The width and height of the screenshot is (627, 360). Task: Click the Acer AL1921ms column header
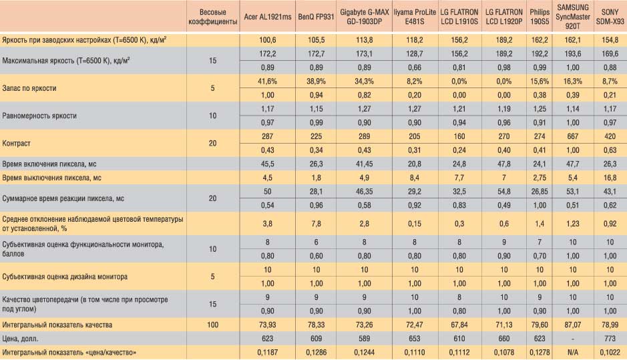268,17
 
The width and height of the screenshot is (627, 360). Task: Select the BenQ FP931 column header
316,17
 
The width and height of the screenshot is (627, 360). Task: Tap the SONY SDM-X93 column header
610,17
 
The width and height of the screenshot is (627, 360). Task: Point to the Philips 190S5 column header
540,17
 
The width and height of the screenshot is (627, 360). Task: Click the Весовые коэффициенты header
213,17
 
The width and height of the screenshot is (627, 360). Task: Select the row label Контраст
17,143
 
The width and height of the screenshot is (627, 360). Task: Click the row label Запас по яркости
29,88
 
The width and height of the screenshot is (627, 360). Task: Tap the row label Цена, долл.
21,339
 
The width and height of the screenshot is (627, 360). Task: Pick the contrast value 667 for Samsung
573,136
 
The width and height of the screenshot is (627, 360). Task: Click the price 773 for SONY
610,339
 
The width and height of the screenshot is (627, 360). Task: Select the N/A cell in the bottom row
573,353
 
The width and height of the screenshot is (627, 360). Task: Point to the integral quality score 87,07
573,325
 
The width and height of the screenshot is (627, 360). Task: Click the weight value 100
213,325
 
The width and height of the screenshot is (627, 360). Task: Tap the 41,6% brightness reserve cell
268,81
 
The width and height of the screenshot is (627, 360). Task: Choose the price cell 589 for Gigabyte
365,339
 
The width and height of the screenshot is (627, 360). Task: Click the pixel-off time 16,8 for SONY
610,178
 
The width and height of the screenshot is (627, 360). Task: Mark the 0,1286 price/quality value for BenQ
316,353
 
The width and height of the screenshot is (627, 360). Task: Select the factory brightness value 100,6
268,40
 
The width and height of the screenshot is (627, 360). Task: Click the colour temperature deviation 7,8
316,224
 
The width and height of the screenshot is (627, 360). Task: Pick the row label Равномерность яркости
39,116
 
